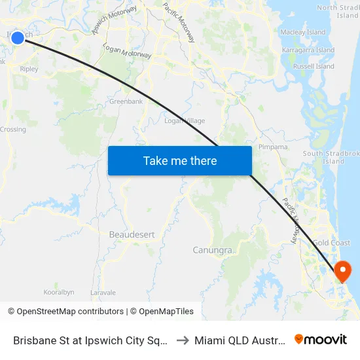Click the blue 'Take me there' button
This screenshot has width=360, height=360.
pyautogui.click(x=180, y=160)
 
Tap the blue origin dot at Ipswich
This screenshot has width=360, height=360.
pyautogui.click(x=18, y=38)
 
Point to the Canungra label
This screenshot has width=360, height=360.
pyautogui.click(x=213, y=250)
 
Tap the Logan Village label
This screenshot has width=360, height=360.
pyautogui.click(x=185, y=120)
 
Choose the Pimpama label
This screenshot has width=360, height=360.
pyautogui.click(x=274, y=147)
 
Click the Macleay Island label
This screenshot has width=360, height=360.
pyautogui.click(x=302, y=32)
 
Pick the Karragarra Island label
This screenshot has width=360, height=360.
pyautogui.click(x=308, y=50)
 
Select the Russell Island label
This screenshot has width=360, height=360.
pyautogui.click(x=313, y=66)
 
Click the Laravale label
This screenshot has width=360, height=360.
pyautogui.click(x=103, y=292)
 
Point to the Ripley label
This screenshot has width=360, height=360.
pyautogui.click(x=29, y=69)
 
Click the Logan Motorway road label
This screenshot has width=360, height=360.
pyautogui.click(x=128, y=52)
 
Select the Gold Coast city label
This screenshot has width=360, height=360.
pyautogui.click(x=331, y=243)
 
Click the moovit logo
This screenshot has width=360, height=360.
pyautogui.click(x=321, y=339)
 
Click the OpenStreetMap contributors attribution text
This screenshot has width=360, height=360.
pyautogui.click(x=65, y=312)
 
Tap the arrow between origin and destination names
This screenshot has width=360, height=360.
pyautogui.click(x=184, y=340)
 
